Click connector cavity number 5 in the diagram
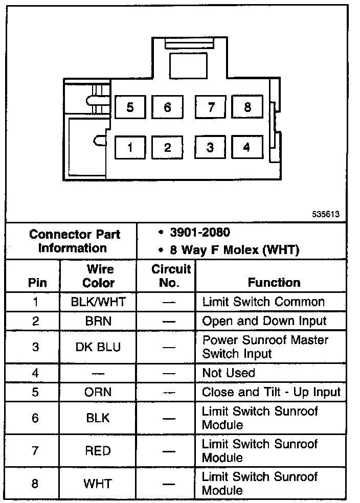coord(130,107)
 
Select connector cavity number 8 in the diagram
coord(247,107)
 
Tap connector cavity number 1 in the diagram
coord(130,148)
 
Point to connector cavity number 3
coord(210,148)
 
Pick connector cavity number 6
coord(167,107)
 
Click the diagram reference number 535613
coord(326,215)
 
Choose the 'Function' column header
coord(274,282)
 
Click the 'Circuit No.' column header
coord(171,276)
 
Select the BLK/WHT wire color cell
coord(98,302)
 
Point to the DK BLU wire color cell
coord(98,347)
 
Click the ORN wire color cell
coord(98,392)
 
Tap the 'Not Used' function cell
coord(228,373)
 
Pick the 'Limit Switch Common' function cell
coord(263,302)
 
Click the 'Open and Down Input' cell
coord(264,321)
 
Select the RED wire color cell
coord(98,451)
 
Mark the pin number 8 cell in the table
coord(35,483)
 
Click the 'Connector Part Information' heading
coord(75,241)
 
